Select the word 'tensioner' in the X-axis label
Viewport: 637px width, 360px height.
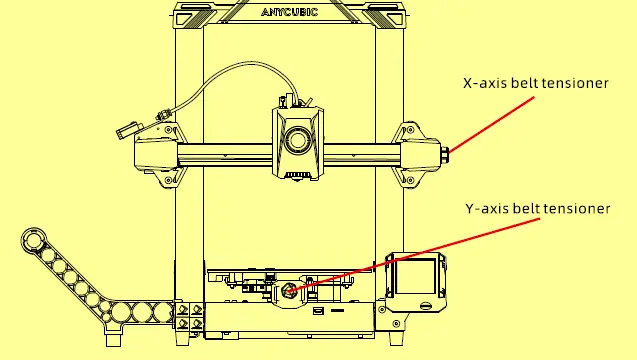point(574,84)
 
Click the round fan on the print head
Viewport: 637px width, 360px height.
point(296,139)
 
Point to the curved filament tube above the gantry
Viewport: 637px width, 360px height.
point(220,70)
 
